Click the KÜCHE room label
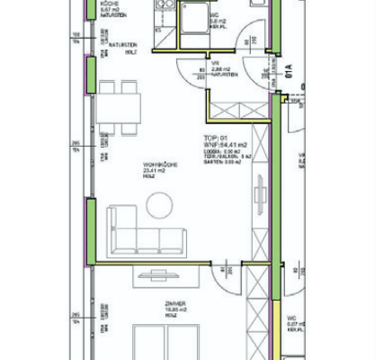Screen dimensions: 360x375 click(110, 4)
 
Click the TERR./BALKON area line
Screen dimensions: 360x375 click(225, 156)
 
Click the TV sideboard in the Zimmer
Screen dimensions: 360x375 click(167, 276)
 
